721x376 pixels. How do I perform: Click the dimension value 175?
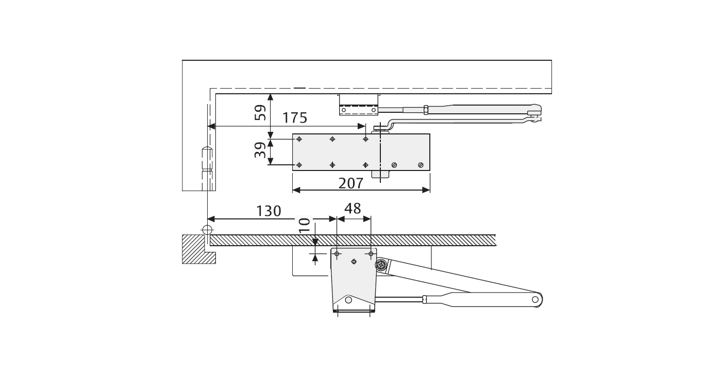294,118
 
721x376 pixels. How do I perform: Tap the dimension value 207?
351,183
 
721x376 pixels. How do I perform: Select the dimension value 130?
269,211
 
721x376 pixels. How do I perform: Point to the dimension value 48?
353,209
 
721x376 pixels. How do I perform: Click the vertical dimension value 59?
260,113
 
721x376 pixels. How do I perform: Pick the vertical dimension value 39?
260,150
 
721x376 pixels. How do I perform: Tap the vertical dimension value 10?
304,225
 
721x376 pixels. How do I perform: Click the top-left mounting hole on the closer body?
299,139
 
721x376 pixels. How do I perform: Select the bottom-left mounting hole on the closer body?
299,165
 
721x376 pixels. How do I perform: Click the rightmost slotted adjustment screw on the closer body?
421,165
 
